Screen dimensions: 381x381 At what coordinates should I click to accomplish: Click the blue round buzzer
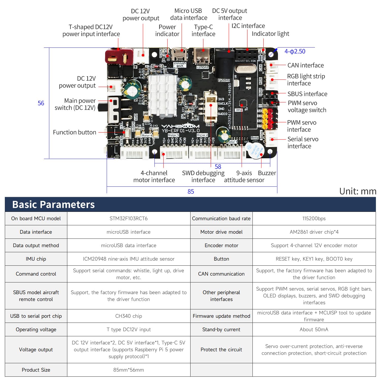click(x=255, y=150)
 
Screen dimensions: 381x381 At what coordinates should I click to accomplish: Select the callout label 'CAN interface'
click(x=305, y=65)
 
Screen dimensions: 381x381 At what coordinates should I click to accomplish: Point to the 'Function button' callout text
click(x=74, y=132)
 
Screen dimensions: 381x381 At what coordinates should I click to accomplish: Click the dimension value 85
click(x=191, y=192)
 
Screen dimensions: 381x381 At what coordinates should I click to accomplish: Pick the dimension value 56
click(x=41, y=103)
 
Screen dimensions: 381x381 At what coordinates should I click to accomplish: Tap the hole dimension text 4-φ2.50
click(x=295, y=52)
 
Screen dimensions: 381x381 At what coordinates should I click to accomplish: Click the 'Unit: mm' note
click(x=358, y=191)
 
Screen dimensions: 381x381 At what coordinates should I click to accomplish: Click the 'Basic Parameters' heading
click(x=53, y=204)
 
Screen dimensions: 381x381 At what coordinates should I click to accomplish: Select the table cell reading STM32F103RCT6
click(x=129, y=218)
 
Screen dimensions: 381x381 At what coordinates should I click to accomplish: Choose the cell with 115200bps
click(x=314, y=218)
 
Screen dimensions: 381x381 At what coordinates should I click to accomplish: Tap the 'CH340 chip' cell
click(x=129, y=316)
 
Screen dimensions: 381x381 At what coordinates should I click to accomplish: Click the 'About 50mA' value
click(x=314, y=329)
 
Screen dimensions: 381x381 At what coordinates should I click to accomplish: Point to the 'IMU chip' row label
click(x=36, y=259)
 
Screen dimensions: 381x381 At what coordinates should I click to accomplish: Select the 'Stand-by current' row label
click(x=221, y=329)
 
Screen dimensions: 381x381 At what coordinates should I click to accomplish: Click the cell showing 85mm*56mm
click(x=129, y=370)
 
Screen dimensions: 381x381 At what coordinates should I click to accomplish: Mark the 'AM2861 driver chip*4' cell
click(x=314, y=232)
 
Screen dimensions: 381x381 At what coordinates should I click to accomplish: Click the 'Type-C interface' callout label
click(x=203, y=30)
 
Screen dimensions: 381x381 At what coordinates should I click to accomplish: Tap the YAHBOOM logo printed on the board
click(x=180, y=126)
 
